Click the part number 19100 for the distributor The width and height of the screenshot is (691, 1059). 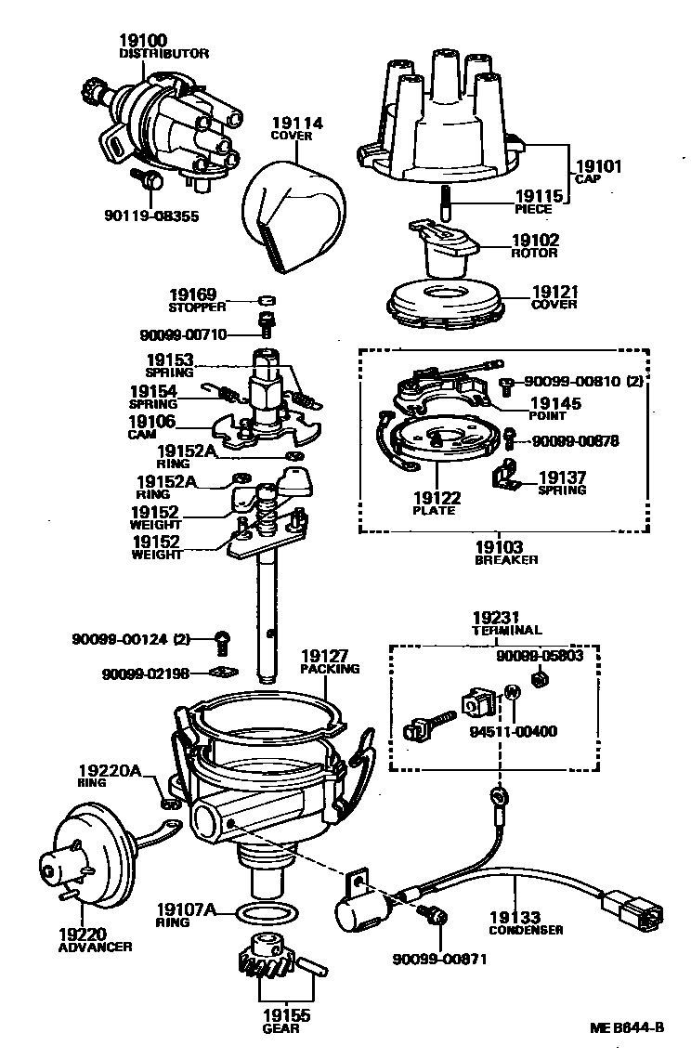click(142, 41)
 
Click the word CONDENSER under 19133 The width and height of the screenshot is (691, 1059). click(526, 930)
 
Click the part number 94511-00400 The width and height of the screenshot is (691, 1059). click(513, 731)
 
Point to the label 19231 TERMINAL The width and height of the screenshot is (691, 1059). click(495, 622)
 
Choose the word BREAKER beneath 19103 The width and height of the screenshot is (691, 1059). click(506, 560)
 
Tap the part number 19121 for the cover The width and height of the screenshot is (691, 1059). click(554, 292)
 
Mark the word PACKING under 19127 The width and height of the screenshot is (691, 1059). click(330, 668)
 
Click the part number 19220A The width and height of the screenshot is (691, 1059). click(108, 770)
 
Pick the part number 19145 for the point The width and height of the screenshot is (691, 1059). click(554, 403)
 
